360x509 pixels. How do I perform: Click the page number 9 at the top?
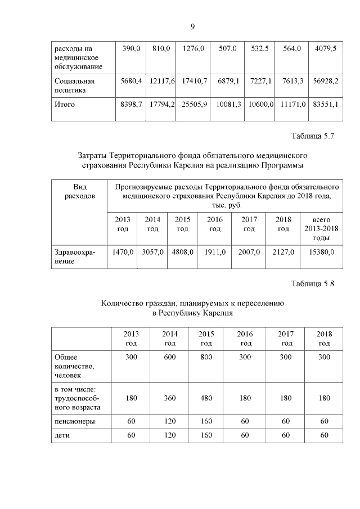[x=192, y=26]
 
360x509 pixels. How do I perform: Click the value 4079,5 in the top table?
[x=325, y=49]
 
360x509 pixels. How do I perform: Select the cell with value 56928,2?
[x=325, y=81]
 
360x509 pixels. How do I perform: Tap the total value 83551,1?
[x=325, y=105]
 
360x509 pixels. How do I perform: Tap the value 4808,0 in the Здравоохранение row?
[x=182, y=253]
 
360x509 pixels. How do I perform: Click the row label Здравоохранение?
[x=74, y=257]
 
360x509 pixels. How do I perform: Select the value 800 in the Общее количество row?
[x=206, y=357]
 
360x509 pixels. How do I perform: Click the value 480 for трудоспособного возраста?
[x=206, y=398]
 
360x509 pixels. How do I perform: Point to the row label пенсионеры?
[x=74, y=421]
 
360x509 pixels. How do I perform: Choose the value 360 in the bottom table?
[x=169, y=398]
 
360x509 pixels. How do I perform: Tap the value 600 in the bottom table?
[x=169, y=357]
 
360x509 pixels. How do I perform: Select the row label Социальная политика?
[x=74, y=85]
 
